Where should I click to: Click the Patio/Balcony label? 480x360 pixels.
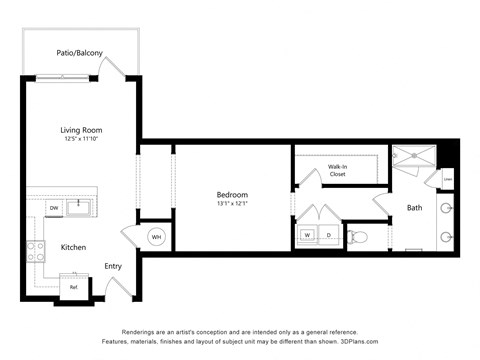point(79,53)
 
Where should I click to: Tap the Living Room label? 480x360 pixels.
point(81,129)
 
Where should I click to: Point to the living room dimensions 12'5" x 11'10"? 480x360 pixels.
point(81,139)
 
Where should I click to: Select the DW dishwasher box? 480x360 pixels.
point(54,208)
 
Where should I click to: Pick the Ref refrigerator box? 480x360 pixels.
point(73,287)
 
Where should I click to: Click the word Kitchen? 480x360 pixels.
point(73,247)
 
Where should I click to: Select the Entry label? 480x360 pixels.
point(113,266)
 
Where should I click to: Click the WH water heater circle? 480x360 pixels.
point(157,237)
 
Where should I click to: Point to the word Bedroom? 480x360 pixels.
point(232,194)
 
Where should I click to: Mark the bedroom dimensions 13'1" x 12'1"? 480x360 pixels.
point(232,204)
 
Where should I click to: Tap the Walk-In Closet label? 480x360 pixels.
point(338,170)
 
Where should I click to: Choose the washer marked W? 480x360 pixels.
point(307,236)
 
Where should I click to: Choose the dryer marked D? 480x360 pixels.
point(328,236)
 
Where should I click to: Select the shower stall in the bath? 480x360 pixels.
point(412,160)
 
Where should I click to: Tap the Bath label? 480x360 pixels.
point(414,208)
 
